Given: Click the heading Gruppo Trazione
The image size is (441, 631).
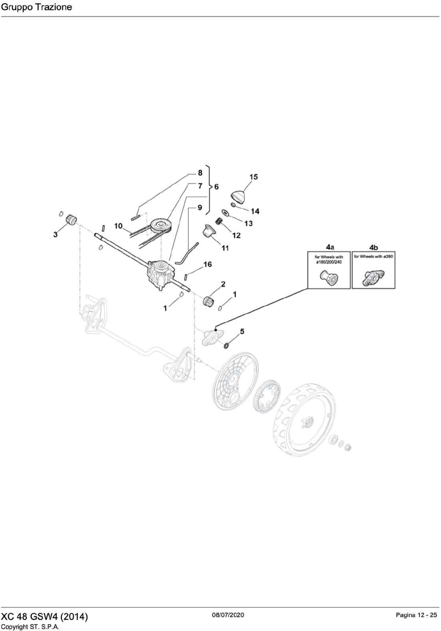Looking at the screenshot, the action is (37, 7).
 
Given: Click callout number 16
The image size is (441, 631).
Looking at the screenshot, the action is (208, 264).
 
